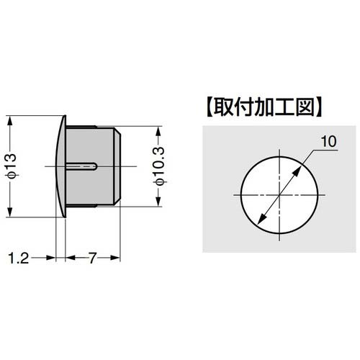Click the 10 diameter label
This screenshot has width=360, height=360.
[328, 143]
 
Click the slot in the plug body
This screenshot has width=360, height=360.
[82, 166]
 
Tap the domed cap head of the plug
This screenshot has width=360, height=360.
[60, 166]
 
